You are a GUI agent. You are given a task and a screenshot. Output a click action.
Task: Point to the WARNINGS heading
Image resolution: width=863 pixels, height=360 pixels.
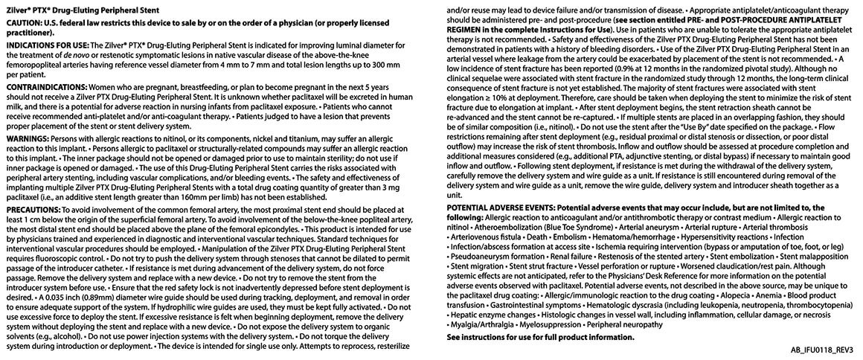pyautogui.click(x=28, y=138)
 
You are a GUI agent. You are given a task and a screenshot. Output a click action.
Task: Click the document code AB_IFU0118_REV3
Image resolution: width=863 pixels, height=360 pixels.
pyautogui.click(x=818, y=350)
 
